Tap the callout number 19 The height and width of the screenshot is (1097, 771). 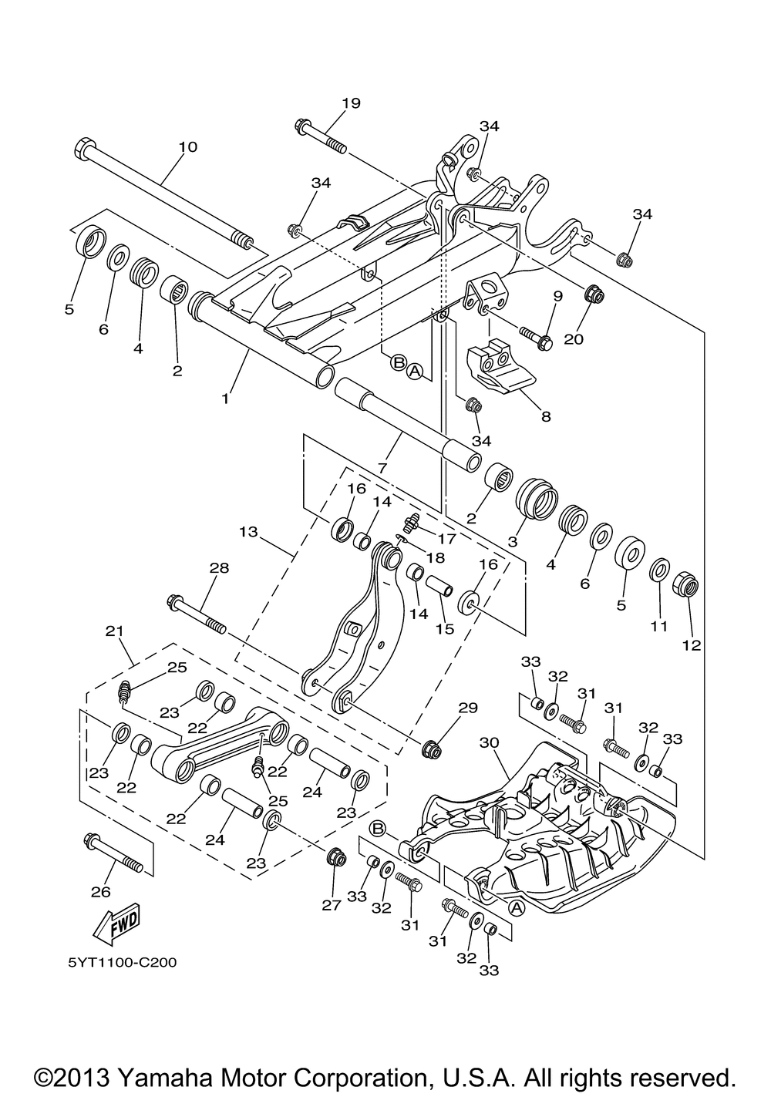pos(351,103)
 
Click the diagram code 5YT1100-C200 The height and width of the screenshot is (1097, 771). pos(122,962)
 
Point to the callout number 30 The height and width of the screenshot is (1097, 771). pos(489,742)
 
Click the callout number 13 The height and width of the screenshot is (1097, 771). pos(249,531)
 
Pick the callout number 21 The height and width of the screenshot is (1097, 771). pos(115,631)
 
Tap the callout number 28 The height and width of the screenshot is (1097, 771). pos(219,567)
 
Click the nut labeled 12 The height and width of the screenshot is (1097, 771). pos(689,584)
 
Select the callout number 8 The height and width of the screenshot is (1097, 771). pos(546,416)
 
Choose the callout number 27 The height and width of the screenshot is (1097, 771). pos(331,905)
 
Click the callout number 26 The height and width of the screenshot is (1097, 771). pos(101,892)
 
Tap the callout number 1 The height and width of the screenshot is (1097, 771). pos(225,399)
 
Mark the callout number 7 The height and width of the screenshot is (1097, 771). pos(382,467)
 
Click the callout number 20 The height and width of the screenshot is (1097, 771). pos(574,338)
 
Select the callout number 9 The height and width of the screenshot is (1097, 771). pos(558,296)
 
